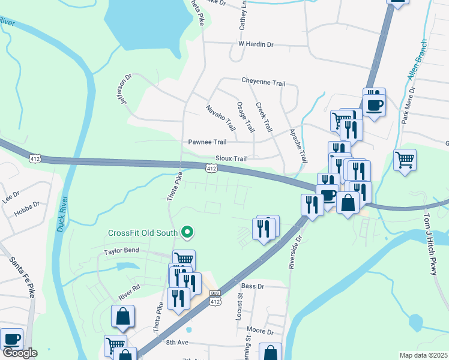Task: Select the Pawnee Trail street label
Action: pos(207,142)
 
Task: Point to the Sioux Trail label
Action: pos(231,159)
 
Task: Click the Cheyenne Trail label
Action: pos(263,82)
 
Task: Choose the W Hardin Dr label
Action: pos(256,44)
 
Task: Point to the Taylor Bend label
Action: pos(122,250)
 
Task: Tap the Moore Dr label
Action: pos(260,331)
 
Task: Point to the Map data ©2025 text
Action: pos(423,355)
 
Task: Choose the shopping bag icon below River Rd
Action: pos(122,316)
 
